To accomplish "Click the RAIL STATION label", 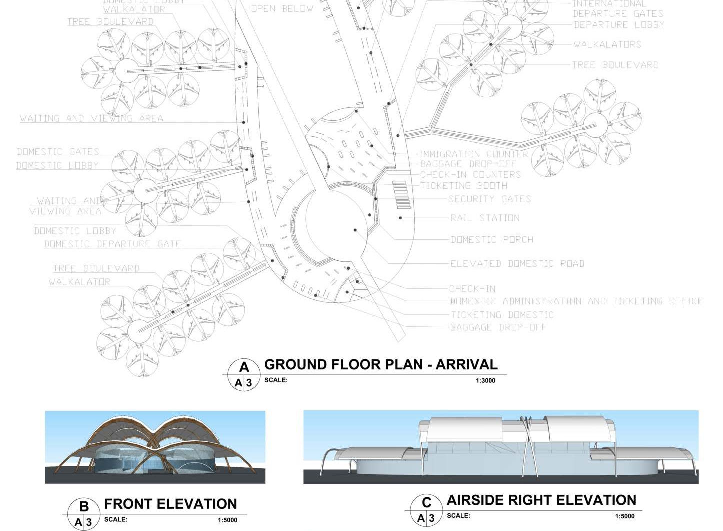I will [485, 218].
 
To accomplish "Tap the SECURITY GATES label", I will [489, 199].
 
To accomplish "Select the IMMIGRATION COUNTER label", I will [473, 154].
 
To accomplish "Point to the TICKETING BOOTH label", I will [463, 186].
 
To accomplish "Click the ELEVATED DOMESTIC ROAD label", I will [517, 264].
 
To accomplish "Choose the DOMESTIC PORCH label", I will [492, 240].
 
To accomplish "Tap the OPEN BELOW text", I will [282, 9].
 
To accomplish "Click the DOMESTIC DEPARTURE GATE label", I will [112, 244].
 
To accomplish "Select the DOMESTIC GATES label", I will [58, 152].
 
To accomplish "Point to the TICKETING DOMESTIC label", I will [502, 315].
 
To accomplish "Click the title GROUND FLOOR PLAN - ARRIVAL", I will [381, 365].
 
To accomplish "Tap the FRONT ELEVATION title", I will [170, 504].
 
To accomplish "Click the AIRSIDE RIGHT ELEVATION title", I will [541, 500].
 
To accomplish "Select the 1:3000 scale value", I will [485, 381].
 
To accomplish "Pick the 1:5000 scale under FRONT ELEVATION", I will [227, 520].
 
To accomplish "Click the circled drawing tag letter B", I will [84, 506].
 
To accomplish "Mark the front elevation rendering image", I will [155, 447].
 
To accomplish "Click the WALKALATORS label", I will [607, 45].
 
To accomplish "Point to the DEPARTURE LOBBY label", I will [619, 25].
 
